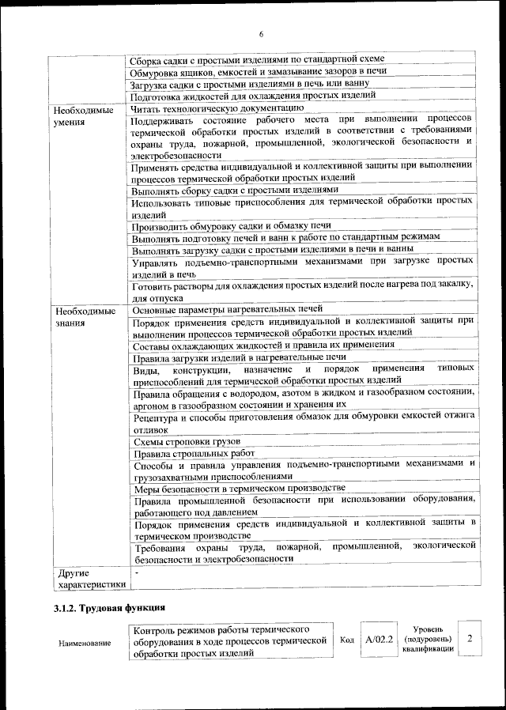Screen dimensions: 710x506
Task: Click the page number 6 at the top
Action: [x=260, y=33]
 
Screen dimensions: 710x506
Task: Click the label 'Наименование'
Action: [x=85, y=644]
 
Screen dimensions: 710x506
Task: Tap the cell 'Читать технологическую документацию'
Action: [x=217, y=108]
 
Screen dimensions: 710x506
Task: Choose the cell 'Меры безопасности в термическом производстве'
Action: [x=240, y=489]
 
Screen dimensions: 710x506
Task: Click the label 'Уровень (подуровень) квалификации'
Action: [x=427, y=637]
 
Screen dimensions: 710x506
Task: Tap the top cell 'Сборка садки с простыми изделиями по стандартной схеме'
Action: [x=258, y=59]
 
